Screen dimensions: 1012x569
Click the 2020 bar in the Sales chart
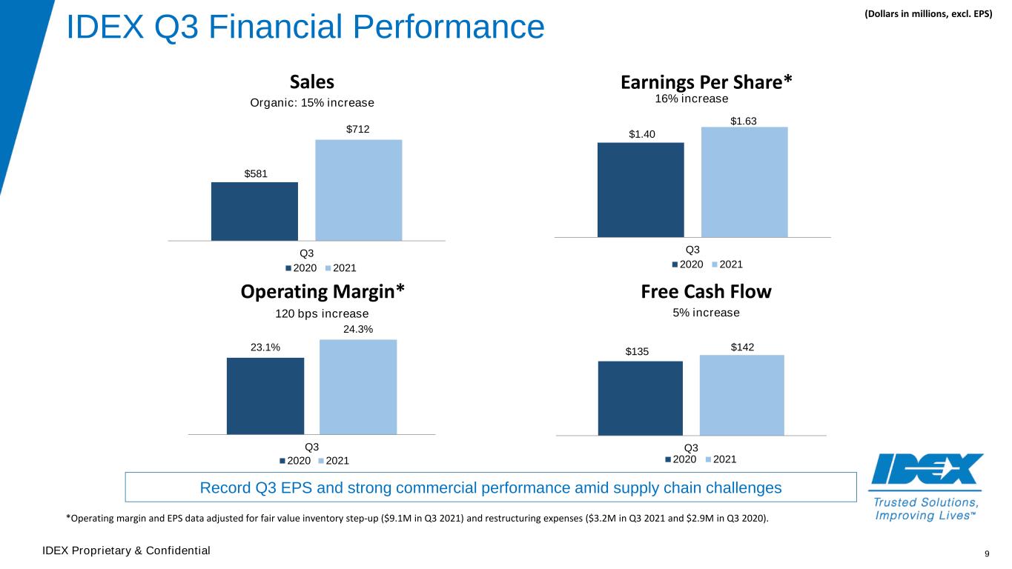(254, 211)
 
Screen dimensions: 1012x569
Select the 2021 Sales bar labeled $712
(358, 190)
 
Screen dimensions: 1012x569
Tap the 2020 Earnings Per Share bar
(641, 190)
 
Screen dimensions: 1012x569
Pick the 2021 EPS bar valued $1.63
(744, 182)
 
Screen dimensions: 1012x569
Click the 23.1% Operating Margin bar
(265, 396)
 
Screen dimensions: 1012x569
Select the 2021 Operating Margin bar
(358, 387)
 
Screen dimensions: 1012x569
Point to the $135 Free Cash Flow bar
(640, 399)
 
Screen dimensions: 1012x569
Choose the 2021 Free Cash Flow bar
(742, 395)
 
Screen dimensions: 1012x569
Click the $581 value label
(256, 174)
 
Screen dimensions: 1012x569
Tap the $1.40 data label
(641, 134)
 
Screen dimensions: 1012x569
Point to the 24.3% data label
(358, 329)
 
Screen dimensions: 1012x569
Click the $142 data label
(742, 347)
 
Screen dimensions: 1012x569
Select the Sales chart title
(311, 82)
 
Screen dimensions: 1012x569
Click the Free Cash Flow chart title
(706, 292)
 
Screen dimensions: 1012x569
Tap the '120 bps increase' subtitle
(322, 313)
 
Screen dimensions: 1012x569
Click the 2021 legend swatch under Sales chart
(328, 268)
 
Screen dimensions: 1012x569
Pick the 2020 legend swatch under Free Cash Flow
(668, 459)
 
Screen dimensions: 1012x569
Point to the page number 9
(987, 553)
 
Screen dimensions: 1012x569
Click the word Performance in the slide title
(449, 27)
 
